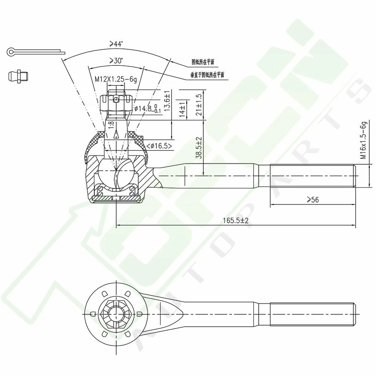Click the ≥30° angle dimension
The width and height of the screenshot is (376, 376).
[116, 61]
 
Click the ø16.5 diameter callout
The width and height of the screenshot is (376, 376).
[159, 146]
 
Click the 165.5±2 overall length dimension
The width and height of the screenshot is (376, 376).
[236, 221]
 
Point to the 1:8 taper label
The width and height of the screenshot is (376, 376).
[111, 125]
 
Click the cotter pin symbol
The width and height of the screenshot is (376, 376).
[35, 51]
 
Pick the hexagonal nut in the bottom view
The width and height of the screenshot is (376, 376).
[116, 313]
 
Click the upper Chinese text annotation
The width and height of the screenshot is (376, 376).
[203, 62]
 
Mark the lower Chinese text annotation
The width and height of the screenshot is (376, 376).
[207, 74]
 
